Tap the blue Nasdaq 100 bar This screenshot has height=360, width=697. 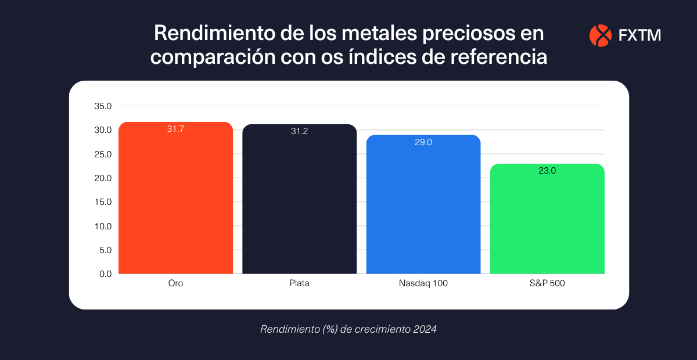click(x=423, y=207)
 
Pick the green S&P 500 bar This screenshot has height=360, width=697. click(x=547, y=221)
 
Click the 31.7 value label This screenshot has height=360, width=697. click(x=175, y=129)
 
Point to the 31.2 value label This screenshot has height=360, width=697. click(x=299, y=131)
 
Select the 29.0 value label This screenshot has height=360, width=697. click(x=423, y=142)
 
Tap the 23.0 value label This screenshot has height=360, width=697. click(x=547, y=171)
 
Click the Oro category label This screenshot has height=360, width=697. click(x=175, y=283)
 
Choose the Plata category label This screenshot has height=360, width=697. click(x=299, y=283)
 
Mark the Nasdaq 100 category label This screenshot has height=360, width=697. click(x=423, y=283)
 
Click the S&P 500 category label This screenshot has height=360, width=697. click(x=547, y=283)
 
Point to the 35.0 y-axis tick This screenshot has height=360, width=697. click(x=103, y=106)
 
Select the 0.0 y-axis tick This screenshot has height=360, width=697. click(x=105, y=274)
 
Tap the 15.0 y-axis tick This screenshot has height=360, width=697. click(x=103, y=202)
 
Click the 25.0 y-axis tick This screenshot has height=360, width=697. click(x=103, y=154)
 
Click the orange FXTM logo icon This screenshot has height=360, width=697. click(x=600, y=35)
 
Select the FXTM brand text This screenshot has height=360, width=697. click(x=639, y=36)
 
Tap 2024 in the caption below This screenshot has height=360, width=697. click(x=425, y=329)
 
